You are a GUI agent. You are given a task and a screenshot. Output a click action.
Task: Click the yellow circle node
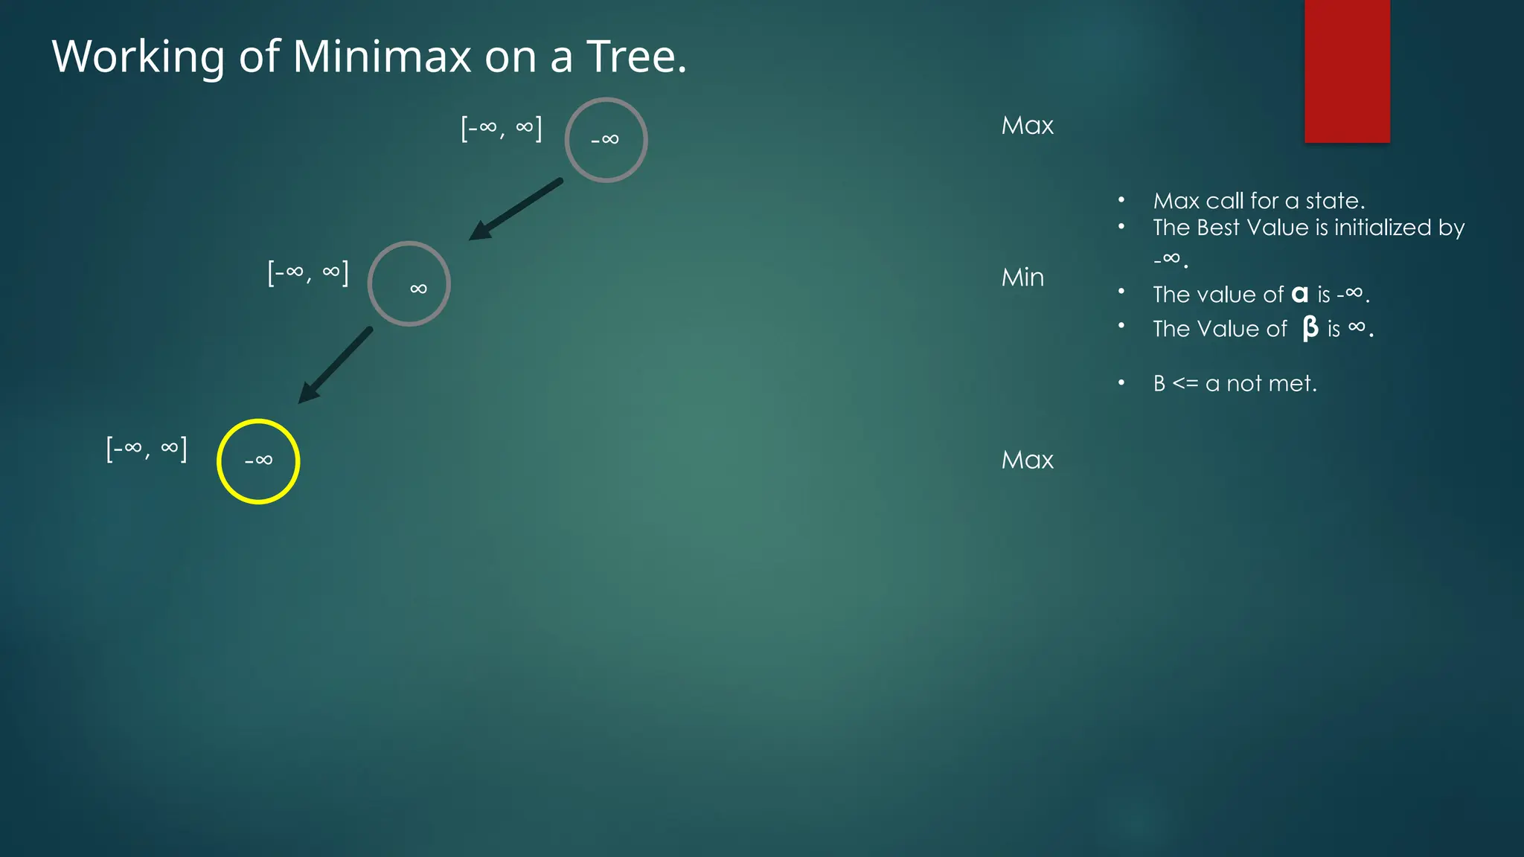click(x=258, y=461)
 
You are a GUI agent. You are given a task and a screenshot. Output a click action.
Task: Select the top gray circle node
click(x=606, y=140)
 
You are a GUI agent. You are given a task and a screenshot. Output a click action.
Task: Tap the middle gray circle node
click(x=409, y=283)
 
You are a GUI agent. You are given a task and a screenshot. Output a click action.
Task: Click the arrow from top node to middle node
click(x=516, y=209)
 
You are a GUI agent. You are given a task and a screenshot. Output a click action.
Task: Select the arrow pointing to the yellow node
click(x=336, y=365)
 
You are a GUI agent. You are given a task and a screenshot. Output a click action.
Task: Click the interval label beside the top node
click(x=502, y=128)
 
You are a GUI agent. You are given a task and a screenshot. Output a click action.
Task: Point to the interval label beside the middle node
click(x=308, y=273)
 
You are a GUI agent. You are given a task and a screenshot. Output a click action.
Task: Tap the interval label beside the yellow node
click(x=147, y=449)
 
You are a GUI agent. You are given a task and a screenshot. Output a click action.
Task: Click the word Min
click(x=1022, y=277)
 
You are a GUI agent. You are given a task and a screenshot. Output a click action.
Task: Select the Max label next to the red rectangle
click(x=1027, y=126)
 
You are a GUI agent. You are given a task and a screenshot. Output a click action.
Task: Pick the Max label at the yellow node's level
click(x=1027, y=460)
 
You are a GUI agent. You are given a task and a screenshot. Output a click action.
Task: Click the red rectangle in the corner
click(x=1347, y=71)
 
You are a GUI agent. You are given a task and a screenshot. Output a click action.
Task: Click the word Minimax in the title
click(x=382, y=57)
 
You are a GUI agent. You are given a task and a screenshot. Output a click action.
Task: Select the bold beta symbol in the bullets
click(x=1310, y=328)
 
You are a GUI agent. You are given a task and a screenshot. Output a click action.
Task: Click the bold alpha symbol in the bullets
click(x=1299, y=295)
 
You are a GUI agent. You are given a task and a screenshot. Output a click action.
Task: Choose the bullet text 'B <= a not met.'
click(x=1235, y=384)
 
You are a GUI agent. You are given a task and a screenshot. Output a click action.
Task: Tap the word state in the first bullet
click(x=1334, y=201)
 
